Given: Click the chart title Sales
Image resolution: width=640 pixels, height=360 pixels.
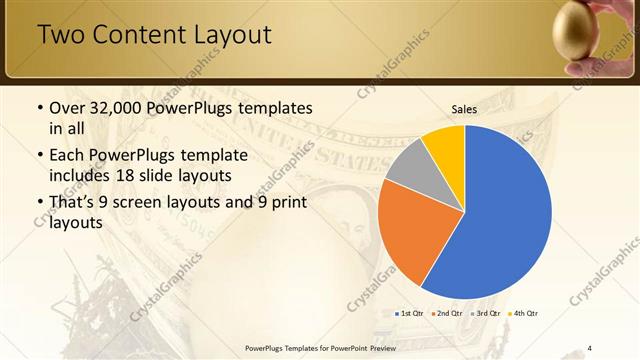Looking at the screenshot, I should tap(464, 109).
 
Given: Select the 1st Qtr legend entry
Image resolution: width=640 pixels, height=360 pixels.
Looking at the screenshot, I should tap(411, 313).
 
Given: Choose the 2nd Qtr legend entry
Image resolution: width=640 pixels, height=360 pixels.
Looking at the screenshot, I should tap(449, 313).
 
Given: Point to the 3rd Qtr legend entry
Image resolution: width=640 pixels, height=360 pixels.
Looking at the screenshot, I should tap(487, 313).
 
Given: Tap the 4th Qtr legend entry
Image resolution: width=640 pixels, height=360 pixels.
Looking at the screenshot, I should tap(525, 313).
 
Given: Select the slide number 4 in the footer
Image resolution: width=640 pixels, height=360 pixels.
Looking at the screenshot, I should tap(590, 347).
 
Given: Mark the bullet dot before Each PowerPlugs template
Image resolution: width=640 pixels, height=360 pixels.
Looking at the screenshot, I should tap(39, 156).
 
